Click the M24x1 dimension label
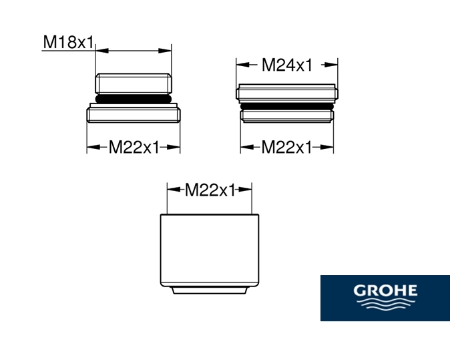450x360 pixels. click(x=286, y=65)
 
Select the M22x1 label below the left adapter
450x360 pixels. click(x=134, y=148)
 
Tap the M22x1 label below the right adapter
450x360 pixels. click(x=286, y=148)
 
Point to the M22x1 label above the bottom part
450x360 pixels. click(x=210, y=190)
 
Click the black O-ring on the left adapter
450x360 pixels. click(x=134, y=98)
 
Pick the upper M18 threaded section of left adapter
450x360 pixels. click(x=134, y=83)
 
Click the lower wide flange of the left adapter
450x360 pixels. click(x=134, y=113)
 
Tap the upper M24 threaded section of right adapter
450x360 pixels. click(x=286, y=93)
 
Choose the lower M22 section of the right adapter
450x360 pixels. click(x=286, y=116)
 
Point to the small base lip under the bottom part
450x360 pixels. click(x=210, y=289)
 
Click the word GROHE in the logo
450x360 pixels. click(x=385, y=291)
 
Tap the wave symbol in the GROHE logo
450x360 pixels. click(x=385, y=305)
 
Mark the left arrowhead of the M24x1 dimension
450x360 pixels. click(x=240, y=65)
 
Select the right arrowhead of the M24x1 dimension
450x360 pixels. click(x=333, y=65)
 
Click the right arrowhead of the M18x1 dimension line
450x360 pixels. click(x=168, y=49)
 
